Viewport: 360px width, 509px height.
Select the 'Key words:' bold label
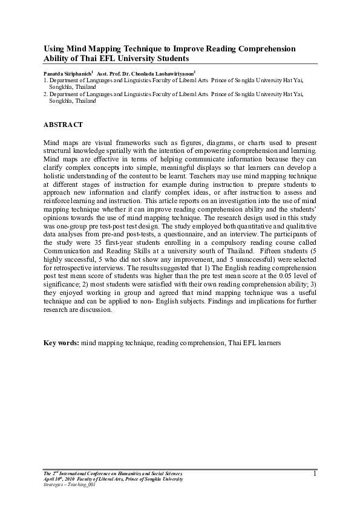pos(61,343)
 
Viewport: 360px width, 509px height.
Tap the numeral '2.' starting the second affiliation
pos(45,95)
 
